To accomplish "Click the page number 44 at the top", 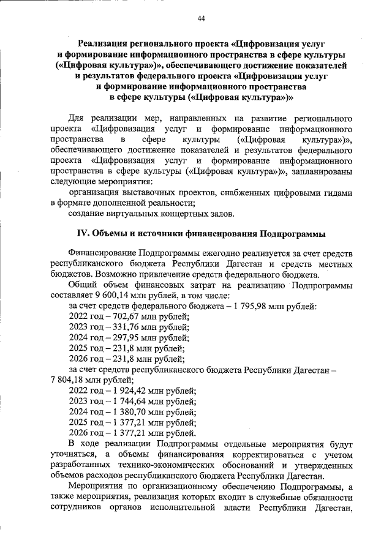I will (x=201, y=18).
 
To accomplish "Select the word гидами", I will (x=336, y=192).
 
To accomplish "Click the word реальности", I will (x=168, y=202).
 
